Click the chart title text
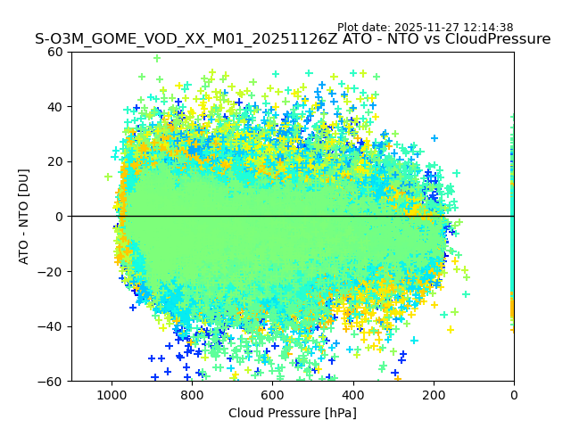[293, 39]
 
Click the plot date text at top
[425, 28]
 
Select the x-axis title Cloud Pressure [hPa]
[293, 413]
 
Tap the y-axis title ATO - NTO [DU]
[24, 217]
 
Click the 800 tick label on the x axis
[192, 393]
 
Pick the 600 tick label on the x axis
[272, 393]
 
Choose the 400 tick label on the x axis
[352, 393]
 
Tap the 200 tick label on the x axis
[434, 393]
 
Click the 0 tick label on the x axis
[514, 393]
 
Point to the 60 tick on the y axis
[55, 52]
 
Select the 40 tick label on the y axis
[55, 107]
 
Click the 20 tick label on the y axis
[55, 161]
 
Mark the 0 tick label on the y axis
[59, 217]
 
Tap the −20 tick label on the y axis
[52, 271]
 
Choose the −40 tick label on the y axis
[52, 326]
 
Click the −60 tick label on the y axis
[52, 381]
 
